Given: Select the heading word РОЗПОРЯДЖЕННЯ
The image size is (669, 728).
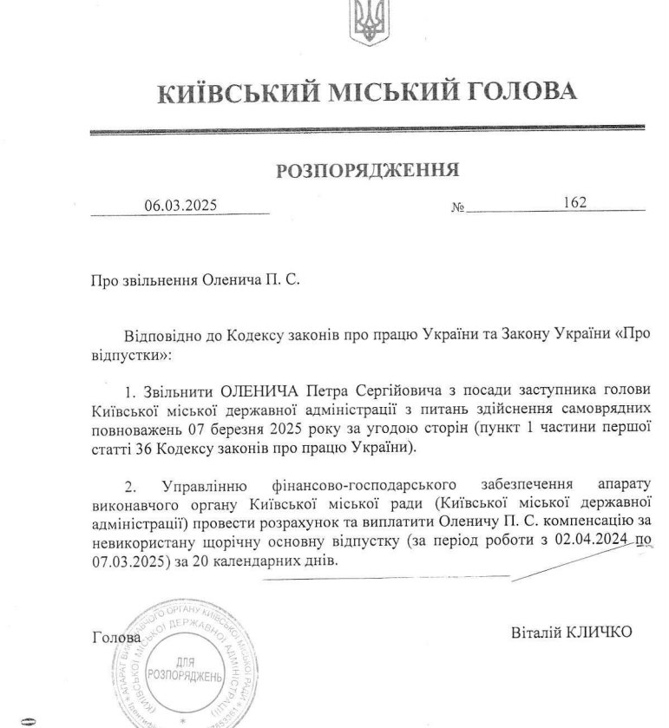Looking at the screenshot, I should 368,169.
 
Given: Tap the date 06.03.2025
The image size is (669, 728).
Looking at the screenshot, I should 180,206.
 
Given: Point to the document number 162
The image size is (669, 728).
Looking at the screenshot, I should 574,202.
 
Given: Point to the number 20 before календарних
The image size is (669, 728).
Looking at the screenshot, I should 204,561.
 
